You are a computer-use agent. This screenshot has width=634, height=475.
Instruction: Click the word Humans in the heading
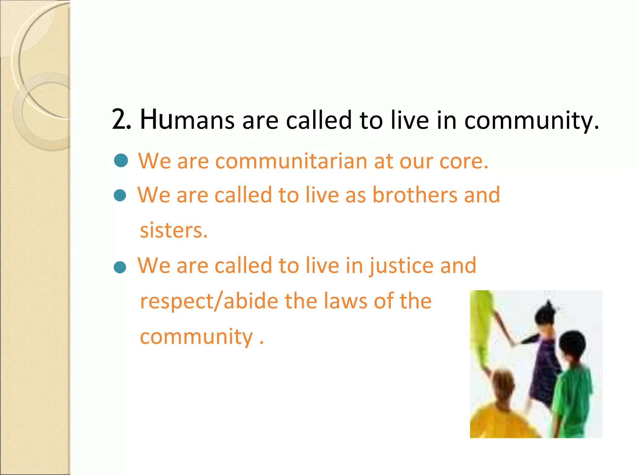click(x=187, y=120)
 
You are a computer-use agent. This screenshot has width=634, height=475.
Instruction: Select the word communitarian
click(x=291, y=161)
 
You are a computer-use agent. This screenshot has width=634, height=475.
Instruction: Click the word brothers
click(x=415, y=195)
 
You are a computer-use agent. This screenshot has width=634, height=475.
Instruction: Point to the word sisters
click(x=173, y=231)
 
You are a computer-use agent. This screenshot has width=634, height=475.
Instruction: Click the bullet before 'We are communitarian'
click(x=121, y=161)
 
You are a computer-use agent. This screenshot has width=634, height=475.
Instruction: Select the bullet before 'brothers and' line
click(x=120, y=195)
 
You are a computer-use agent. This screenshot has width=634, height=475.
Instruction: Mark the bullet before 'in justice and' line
click(x=120, y=267)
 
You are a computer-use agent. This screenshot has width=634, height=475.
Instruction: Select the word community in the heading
click(x=531, y=120)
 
